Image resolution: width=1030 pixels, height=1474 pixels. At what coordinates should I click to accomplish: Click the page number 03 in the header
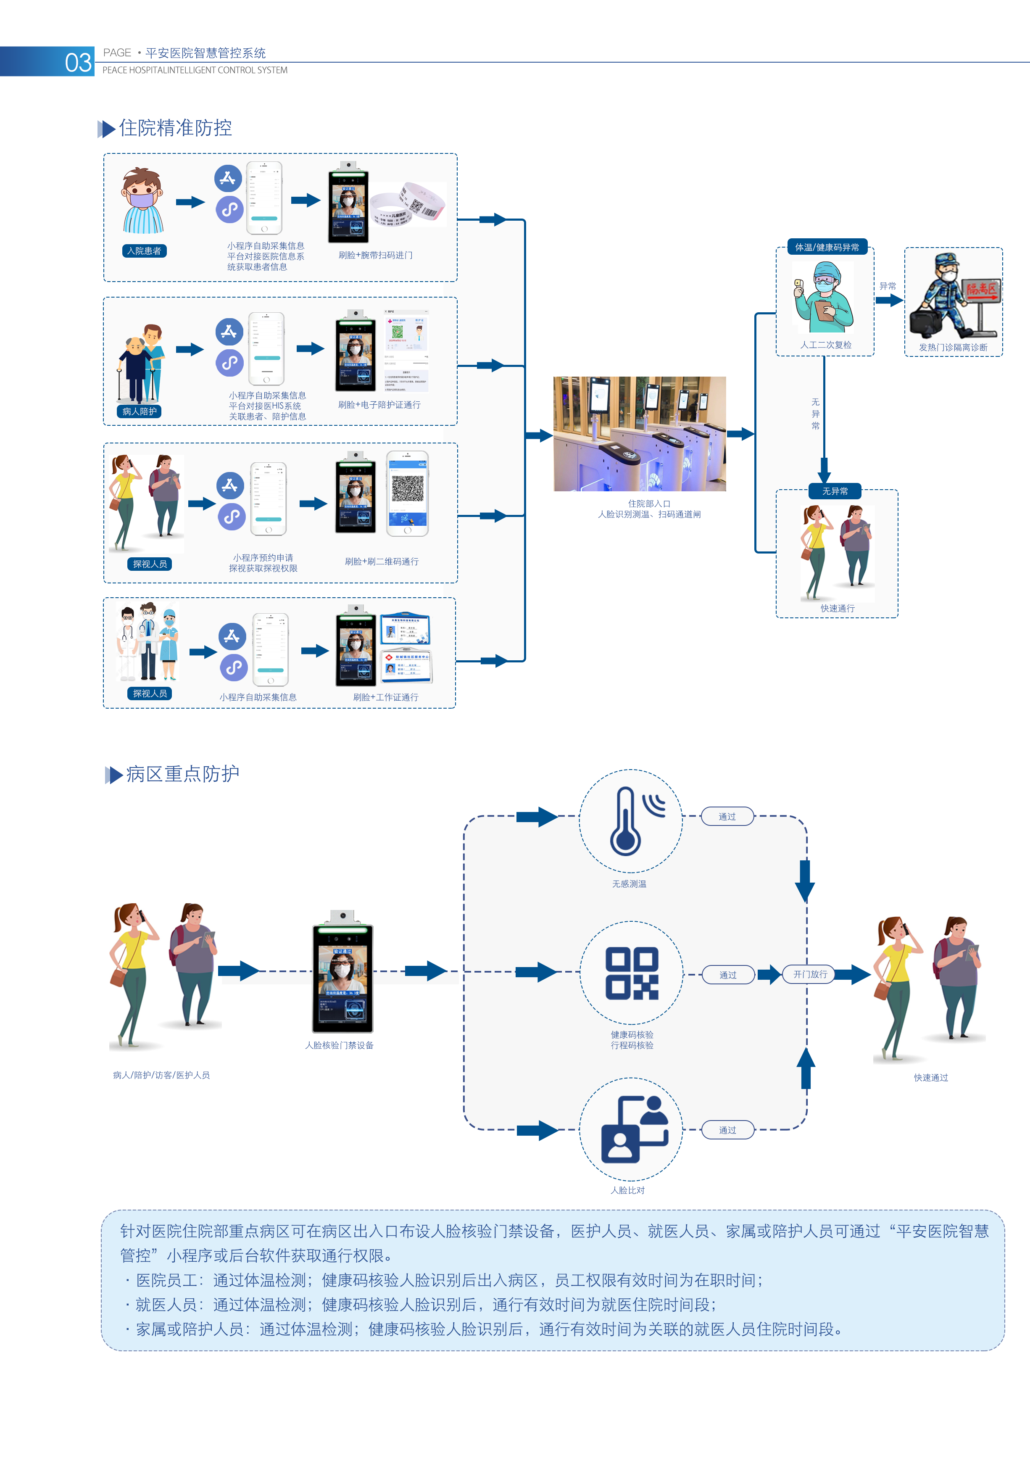tap(78, 62)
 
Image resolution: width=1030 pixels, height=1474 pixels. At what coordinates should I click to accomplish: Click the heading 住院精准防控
tap(175, 128)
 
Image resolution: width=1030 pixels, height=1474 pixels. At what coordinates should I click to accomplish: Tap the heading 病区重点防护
tap(182, 774)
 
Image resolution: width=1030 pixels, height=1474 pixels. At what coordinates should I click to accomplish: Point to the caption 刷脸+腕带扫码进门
tap(375, 255)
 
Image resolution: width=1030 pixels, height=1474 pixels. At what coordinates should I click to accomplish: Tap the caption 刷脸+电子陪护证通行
tap(379, 404)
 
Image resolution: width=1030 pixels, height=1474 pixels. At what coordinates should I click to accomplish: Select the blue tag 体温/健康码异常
tap(827, 247)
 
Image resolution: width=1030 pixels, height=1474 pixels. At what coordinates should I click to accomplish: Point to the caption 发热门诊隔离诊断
tap(953, 347)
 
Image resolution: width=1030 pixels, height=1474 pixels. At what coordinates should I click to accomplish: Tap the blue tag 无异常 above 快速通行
tap(835, 491)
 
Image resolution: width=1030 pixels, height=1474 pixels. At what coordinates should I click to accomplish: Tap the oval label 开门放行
tap(810, 974)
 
